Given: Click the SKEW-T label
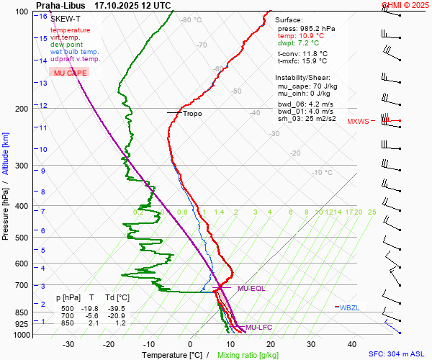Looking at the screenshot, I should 64,18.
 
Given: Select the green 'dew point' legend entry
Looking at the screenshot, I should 66,44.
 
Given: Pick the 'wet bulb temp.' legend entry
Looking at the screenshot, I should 75,52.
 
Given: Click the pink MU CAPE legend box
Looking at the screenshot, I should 71,73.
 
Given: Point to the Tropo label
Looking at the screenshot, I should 192,114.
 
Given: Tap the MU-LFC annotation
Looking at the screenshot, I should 259,328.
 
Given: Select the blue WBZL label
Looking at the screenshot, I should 349,307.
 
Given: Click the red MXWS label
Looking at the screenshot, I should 358,122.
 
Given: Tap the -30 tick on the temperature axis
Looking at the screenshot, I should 69,344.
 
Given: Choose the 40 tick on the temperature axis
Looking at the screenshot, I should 353,344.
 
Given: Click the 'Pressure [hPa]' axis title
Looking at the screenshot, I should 6,210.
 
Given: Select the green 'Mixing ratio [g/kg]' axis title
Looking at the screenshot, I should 248,355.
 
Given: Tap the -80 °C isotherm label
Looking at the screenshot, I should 192,20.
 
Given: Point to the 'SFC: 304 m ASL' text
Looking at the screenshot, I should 398,354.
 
